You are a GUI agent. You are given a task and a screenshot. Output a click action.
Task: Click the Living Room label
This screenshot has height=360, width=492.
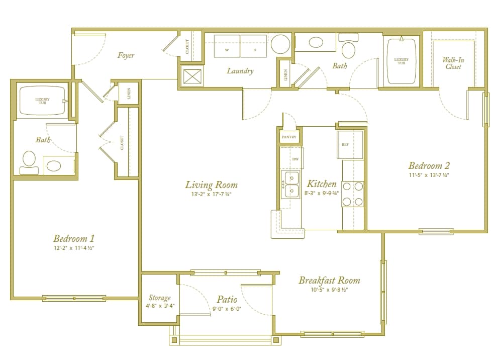click(x=211, y=185)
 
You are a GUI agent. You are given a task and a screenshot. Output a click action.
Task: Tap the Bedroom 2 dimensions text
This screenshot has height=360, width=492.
click(x=429, y=175)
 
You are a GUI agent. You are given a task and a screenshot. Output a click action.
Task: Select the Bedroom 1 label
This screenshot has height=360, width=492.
click(x=73, y=238)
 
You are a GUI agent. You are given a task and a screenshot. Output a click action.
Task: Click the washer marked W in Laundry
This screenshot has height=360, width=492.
click(x=227, y=46)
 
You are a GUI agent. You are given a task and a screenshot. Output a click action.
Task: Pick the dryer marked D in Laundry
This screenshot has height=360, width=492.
click(x=254, y=46)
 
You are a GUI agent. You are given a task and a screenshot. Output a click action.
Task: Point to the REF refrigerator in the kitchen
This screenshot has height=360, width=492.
click(x=349, y=144)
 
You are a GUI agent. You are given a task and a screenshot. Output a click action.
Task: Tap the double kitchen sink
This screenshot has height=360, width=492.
click(x=290, y=184)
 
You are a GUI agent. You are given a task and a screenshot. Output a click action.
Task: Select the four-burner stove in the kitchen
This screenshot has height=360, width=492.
click(x=352, y=194)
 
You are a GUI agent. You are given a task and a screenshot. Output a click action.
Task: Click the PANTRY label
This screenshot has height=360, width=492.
click(x=289, y=137)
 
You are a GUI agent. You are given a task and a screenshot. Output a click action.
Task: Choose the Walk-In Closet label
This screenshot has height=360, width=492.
click(x=453, y=63)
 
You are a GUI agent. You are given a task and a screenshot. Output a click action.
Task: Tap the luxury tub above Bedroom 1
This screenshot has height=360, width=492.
click(x=42, y=101)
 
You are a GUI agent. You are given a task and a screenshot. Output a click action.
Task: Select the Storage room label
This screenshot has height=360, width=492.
click(x=159, y=298)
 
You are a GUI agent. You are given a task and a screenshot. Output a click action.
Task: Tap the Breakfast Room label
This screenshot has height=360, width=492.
click(x=329, y=280)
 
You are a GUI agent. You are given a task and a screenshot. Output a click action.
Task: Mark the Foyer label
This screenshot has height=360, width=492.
click(x=126, y=55)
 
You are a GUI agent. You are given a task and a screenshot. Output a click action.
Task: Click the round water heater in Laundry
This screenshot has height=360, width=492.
click(x=280, y=44)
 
